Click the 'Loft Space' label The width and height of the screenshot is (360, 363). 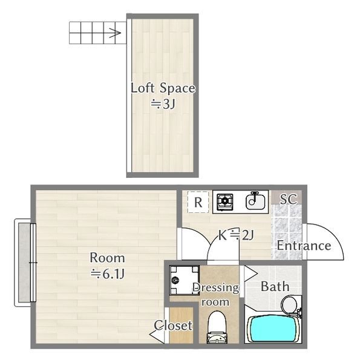click(163, 88)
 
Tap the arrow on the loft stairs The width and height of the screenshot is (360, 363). click(115, 33)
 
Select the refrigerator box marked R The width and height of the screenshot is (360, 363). click(198, 202)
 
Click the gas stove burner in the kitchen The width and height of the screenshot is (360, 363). click(225, 202)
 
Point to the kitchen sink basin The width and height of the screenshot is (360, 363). click(255, 201)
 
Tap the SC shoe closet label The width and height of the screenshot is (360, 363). click(288, 198)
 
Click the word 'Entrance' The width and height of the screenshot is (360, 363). click(304, 246)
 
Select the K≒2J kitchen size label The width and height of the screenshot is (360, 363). click(236, 235)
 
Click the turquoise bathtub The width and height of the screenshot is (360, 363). click(272, 329)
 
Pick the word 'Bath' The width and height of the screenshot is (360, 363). click(275, 287)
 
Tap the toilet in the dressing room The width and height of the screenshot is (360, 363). click(217, 327)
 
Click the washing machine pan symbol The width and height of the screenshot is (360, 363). click(185, 280)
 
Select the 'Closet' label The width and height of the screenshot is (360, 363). click(173, 325)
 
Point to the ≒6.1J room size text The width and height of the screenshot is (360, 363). click(108, 274)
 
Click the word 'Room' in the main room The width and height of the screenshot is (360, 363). click(107, 258)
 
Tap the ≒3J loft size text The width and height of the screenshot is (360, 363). click(163, 105)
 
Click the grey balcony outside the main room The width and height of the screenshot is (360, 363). click(24, 263)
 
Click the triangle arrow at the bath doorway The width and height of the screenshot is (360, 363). click(250, 273)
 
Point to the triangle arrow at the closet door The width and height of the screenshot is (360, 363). click(157, 335)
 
